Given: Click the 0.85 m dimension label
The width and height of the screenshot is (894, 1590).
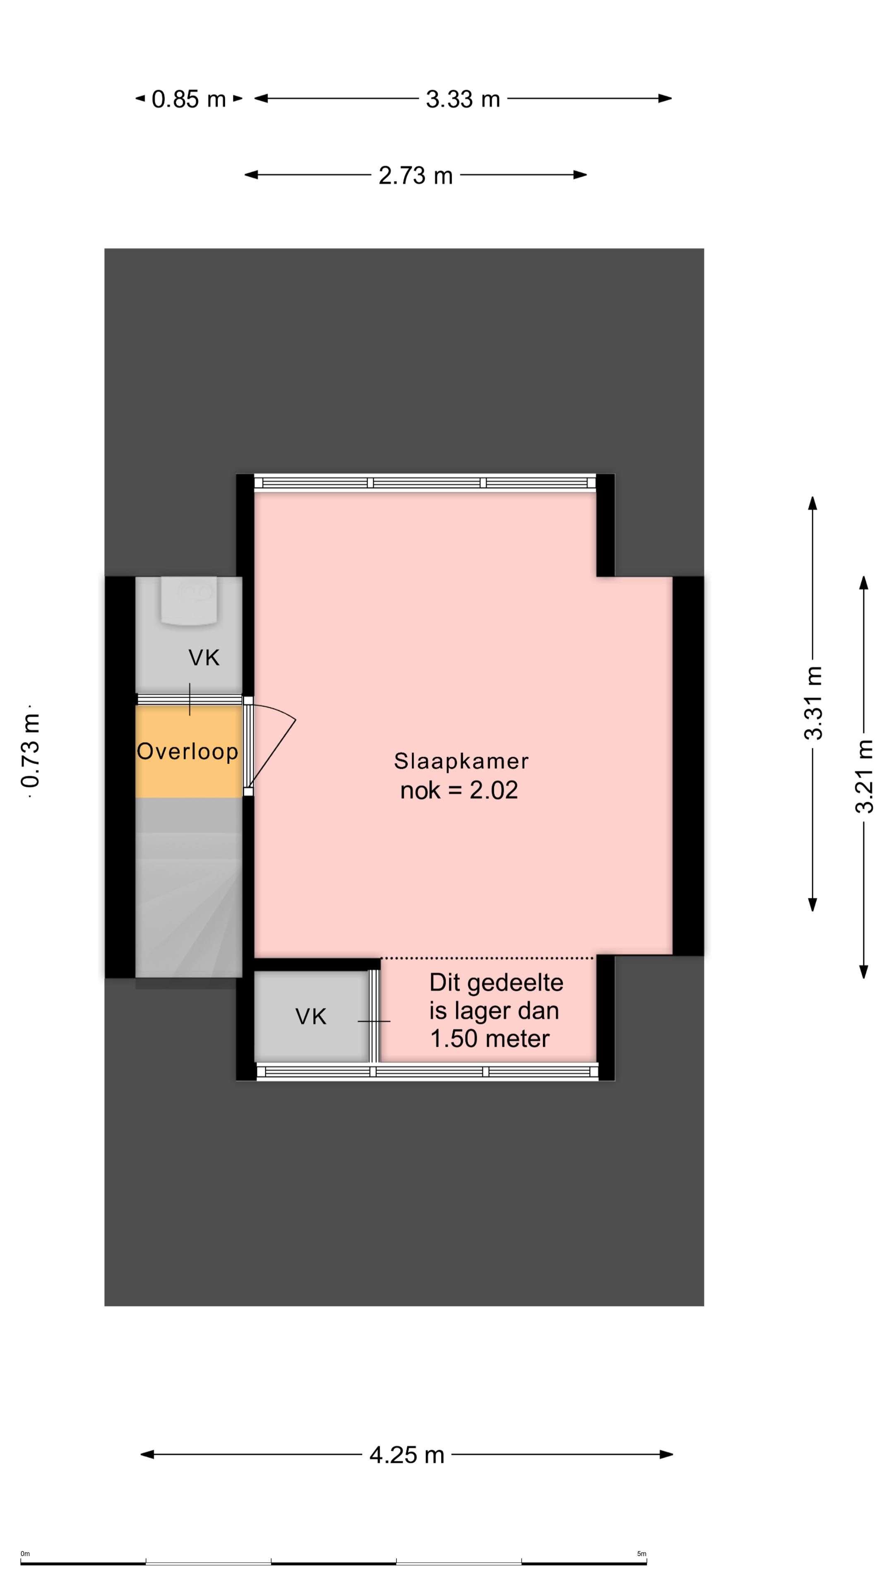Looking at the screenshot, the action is click(x=189, y=99).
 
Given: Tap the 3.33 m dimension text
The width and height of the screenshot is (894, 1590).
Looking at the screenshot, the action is click(x=463, y=99).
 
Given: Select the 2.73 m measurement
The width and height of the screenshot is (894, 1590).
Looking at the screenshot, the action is click(x=415, y=175).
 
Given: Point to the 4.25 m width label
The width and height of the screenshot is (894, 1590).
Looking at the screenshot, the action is click(x=406, y=1455).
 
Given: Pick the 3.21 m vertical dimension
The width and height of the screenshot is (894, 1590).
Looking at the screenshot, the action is click(x=864, y=776).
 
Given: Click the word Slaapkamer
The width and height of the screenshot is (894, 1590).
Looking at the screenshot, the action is click(x=461, y=761).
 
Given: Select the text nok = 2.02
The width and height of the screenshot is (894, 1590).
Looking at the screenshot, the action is click(x=459, y=790).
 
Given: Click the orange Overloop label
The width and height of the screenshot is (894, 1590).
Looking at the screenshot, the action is click(x=187, y=751).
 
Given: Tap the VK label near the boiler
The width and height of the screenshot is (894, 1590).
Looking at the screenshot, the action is click(x=204, y=658).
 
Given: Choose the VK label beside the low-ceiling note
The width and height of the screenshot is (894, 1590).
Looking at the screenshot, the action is click(x=310, y=1017).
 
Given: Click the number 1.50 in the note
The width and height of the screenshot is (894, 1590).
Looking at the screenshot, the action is click(x=462, y=1039).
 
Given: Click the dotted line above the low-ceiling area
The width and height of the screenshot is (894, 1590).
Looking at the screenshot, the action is click(x=488, y=958).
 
